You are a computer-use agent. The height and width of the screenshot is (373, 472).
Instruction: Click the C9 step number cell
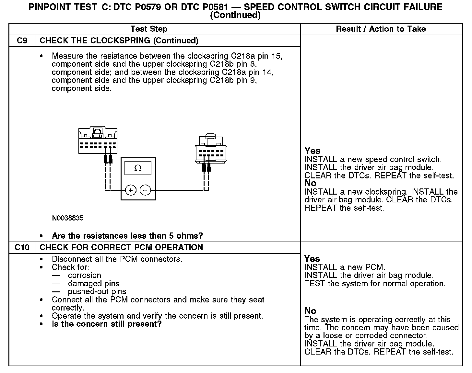point(22,41)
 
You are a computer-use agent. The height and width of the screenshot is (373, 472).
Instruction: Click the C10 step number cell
point(22,248)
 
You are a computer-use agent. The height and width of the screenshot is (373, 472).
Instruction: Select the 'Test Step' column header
point(149,29)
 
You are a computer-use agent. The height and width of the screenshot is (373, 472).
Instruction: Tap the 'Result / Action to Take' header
point(381,29)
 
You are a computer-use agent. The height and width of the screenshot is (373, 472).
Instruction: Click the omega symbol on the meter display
point(138,168)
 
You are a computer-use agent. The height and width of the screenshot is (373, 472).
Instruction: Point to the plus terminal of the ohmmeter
point(131,190)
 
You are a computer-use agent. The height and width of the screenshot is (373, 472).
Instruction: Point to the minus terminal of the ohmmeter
point(145,190)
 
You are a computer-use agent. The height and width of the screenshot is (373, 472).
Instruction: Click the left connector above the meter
point(98,141)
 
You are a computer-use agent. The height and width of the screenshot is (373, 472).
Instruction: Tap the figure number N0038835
point(67,218)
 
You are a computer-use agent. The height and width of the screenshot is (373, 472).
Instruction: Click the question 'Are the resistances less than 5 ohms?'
point(127,236)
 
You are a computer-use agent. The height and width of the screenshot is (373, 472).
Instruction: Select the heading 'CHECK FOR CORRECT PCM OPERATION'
point(121,248)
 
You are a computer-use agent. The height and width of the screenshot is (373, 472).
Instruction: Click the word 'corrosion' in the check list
point(84,276)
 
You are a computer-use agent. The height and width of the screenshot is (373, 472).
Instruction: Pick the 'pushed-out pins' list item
point(97,292)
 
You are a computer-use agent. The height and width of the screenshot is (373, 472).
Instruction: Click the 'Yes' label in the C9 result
point(312,151)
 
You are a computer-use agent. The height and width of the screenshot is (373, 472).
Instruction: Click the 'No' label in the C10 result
point(310,311)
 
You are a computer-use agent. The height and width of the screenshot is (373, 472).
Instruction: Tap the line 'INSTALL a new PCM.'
point(345,267)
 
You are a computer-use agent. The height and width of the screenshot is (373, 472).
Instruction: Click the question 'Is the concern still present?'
point(106,324)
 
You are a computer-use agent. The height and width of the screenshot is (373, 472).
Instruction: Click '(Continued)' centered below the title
point(235,15)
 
